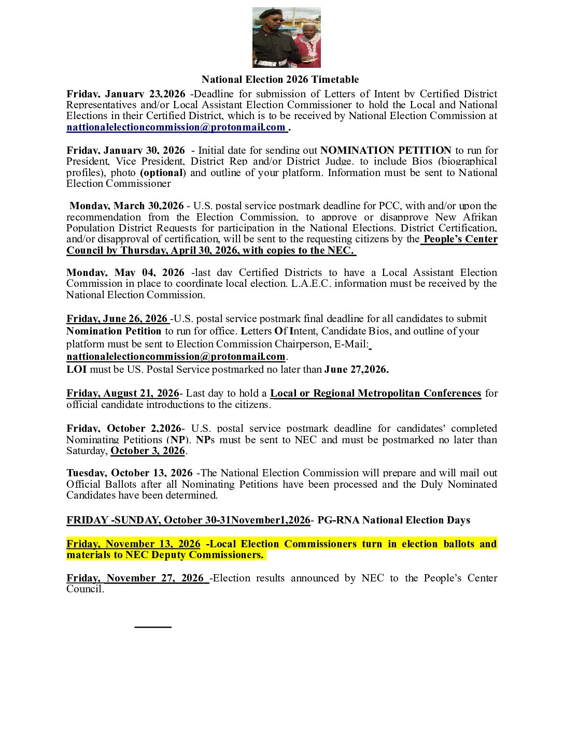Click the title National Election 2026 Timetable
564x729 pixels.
(280, 79)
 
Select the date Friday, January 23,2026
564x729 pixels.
(126, 94)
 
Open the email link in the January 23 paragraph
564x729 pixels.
(176, 127)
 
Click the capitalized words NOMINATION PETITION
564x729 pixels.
(386, 150)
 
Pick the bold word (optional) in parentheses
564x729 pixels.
(163, 172)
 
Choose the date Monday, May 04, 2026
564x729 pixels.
(125, 272)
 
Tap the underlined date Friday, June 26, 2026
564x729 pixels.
(117, 318)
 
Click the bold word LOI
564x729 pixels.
(76, 369)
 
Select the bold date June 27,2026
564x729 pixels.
(356, 369)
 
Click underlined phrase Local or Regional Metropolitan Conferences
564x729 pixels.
(375, 393)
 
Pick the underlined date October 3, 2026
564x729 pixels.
(148, 450)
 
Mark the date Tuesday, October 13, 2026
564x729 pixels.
(130, 473)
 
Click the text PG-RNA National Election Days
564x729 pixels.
(393, 520)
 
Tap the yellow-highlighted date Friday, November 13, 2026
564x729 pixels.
(133, 544)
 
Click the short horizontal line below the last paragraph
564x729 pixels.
(153, 627)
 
